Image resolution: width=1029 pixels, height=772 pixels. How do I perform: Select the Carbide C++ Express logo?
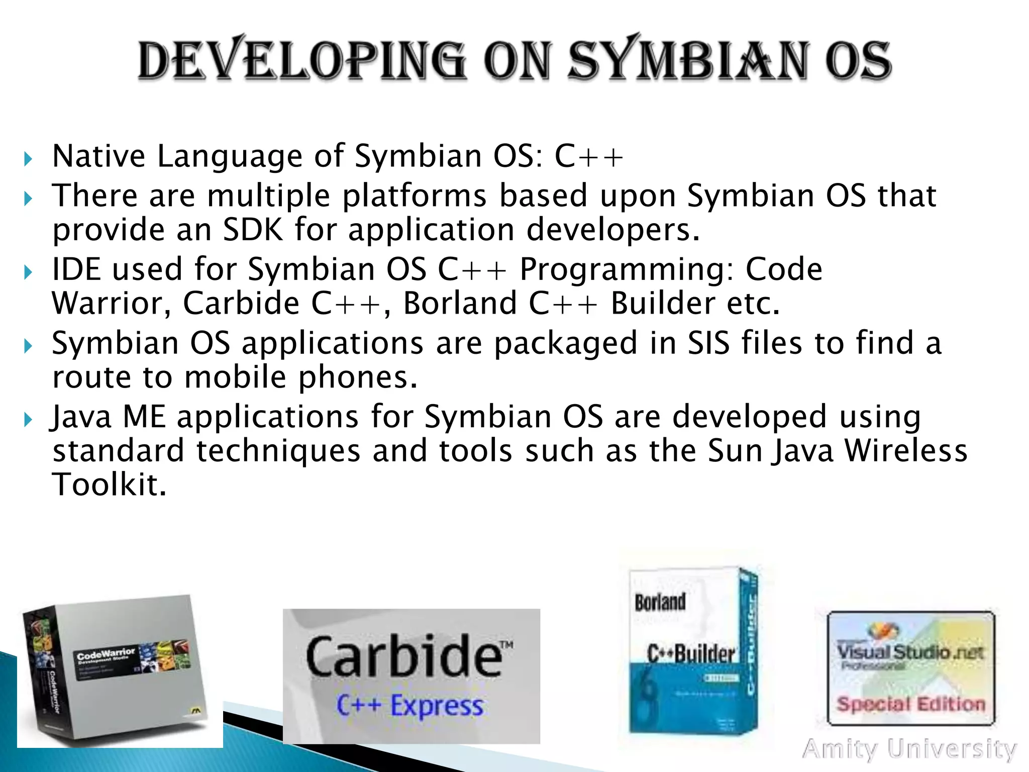[x=411, y=675]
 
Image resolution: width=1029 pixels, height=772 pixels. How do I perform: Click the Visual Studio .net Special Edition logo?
[x=910, y=668]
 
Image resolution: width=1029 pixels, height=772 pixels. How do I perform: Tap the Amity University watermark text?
[x=909, y=749]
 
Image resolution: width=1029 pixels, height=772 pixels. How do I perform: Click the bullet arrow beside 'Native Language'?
[x=28, y=160]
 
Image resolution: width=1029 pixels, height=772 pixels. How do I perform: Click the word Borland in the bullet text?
[x=460, y=304]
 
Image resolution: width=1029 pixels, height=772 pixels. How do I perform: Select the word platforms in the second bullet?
[x=414, y=196]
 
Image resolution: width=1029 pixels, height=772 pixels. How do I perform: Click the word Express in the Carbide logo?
[x=437, y=705]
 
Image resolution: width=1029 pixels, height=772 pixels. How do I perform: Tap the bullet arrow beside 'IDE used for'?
[x=28, y=273]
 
